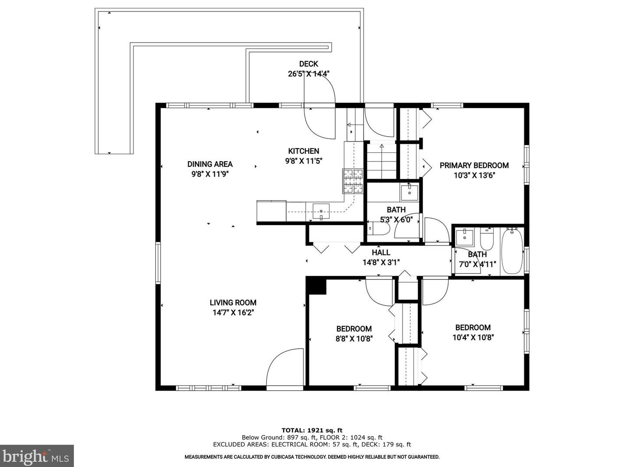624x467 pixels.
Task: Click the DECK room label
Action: [308, 64]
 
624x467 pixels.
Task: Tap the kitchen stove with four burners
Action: [353, 181]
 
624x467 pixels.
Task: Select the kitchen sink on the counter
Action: [321, 212]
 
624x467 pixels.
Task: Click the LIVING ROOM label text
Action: [233, 303]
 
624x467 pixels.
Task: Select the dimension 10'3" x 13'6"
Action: [474, 175]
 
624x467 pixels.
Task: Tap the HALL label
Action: [381, 253]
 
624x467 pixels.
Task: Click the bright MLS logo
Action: [37, 456]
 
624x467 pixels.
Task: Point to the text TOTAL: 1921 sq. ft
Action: [312, 430]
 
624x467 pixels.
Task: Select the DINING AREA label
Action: [210, 164]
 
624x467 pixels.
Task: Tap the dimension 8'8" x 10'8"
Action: [354, 339]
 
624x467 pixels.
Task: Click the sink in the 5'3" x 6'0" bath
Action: [410, 192]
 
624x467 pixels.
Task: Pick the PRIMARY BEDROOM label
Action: [474, 166]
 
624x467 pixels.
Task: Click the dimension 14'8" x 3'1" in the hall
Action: [381, 263]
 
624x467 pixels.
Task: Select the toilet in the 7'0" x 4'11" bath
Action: [487, 239]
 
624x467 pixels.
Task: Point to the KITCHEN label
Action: [303, 151]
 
